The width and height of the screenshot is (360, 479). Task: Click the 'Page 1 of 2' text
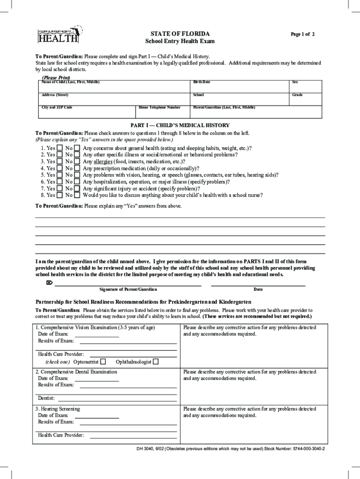point(302,35)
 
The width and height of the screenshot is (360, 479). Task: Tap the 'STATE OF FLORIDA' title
point(180,34)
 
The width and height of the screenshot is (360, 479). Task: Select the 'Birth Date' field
point(240,87)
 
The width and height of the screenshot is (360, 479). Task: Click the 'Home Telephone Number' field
point(163,112)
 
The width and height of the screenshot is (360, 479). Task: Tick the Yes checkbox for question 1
point(59,148)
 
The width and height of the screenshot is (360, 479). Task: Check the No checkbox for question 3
point(77,161)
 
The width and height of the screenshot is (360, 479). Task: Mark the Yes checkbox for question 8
point(59,195)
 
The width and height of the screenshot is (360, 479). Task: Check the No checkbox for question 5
point(77,175)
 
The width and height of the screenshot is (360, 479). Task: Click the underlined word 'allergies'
point(103,161)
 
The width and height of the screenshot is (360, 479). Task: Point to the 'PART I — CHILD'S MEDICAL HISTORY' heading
point(180,125)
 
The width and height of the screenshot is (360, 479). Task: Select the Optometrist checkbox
point(103,362)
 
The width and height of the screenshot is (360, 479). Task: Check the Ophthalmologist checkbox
point(156,362)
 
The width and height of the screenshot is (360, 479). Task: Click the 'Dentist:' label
point(46,399)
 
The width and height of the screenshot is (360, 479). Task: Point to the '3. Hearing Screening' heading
point(58,409)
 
